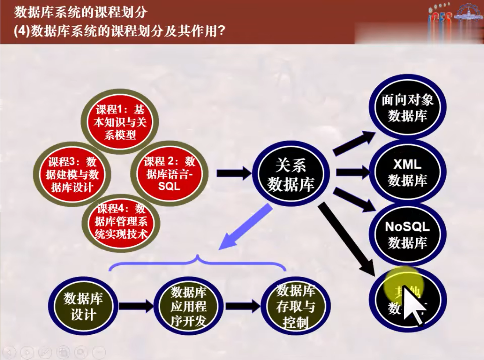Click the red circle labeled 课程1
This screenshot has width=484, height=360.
(120, 122)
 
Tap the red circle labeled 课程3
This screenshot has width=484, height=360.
(72, 174)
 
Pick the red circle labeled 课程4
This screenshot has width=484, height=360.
(120, 222)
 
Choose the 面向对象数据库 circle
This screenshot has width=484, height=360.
(407, 108)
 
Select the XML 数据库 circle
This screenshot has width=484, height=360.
(407, 172)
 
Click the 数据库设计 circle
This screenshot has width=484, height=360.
(83, 306)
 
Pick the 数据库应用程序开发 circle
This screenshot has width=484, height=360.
(188, 306)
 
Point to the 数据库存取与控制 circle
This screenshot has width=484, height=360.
(296, 306)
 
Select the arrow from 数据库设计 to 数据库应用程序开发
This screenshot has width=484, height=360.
(135, 306)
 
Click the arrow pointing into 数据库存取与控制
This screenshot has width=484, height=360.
(242, 306)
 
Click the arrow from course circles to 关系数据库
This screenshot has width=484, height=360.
(234, 173)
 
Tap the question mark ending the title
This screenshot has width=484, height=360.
(221, 31)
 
